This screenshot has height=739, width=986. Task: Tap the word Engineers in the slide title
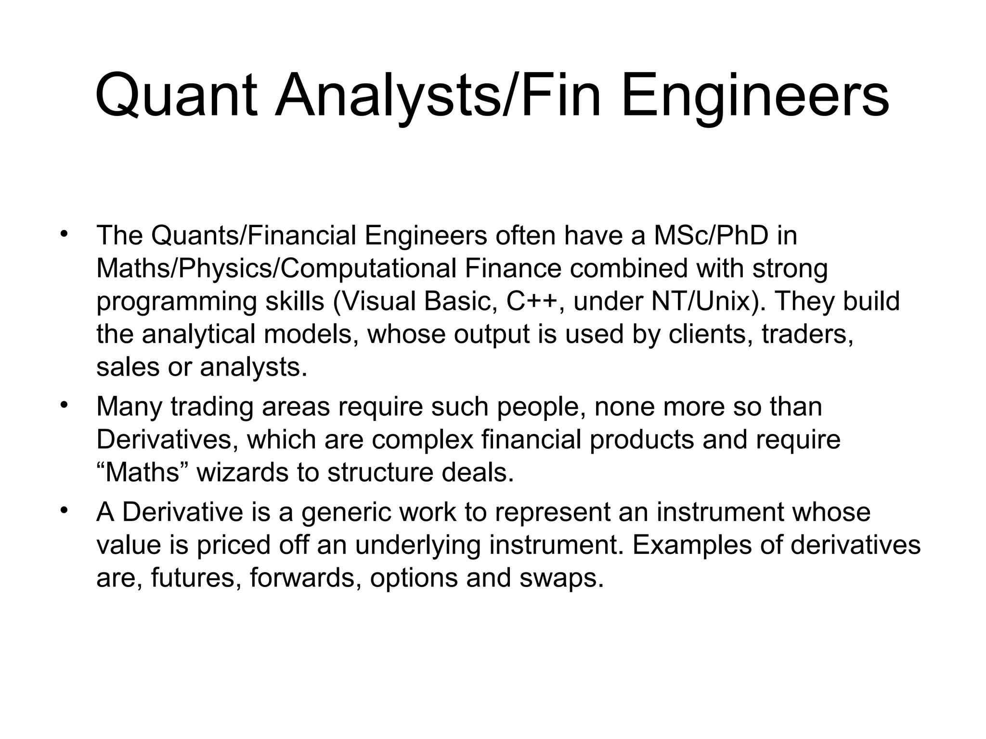[755, 97]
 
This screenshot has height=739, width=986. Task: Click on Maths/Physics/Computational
[276, 268]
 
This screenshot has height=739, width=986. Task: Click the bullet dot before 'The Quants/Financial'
[63, 235]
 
